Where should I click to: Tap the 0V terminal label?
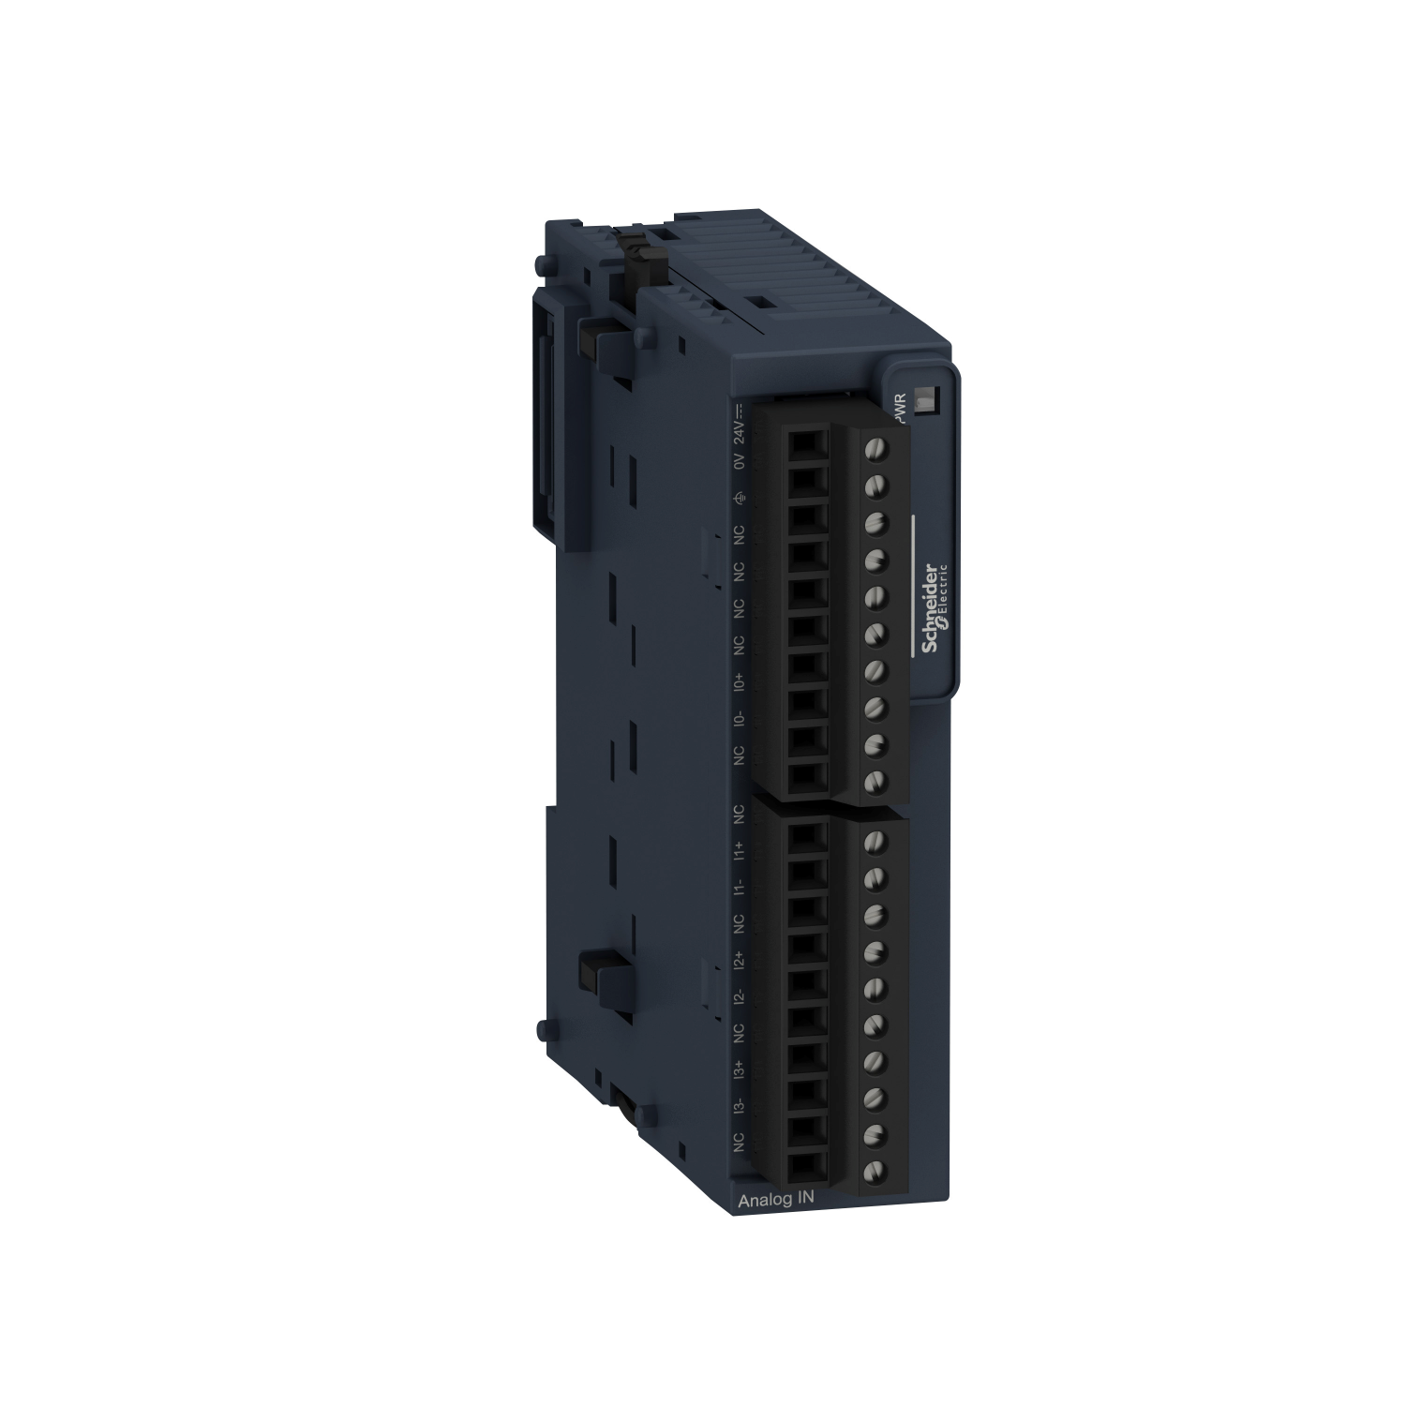pos(739,460)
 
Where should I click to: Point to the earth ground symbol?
pos(739,498)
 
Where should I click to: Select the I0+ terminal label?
pos(739,681)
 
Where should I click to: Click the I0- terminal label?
pos(739,718)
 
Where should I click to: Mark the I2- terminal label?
pos(739,995)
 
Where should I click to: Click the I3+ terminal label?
pos(739,1069)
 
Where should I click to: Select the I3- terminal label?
pos(739,1105)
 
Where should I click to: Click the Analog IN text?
pos(770,1200)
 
